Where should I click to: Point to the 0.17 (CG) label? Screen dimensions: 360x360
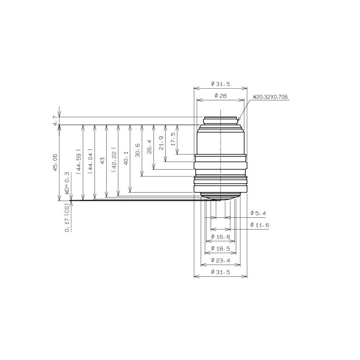tap(67, 217)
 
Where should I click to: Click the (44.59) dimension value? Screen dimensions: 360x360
tap(79, 161)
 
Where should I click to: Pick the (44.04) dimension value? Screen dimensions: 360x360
tap(90, 161)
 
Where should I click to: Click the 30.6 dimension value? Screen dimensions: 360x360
tap(138, 150)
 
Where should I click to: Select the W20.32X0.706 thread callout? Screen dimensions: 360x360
tap(270, 97)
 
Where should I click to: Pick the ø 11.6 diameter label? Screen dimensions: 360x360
tap(260, 225)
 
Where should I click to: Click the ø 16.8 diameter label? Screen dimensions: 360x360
tap(220, 237)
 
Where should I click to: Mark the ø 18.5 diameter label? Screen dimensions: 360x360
tap(220, 248)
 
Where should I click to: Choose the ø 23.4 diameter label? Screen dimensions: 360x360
tap(220, 261)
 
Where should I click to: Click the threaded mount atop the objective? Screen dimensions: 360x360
tap(220, 120)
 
